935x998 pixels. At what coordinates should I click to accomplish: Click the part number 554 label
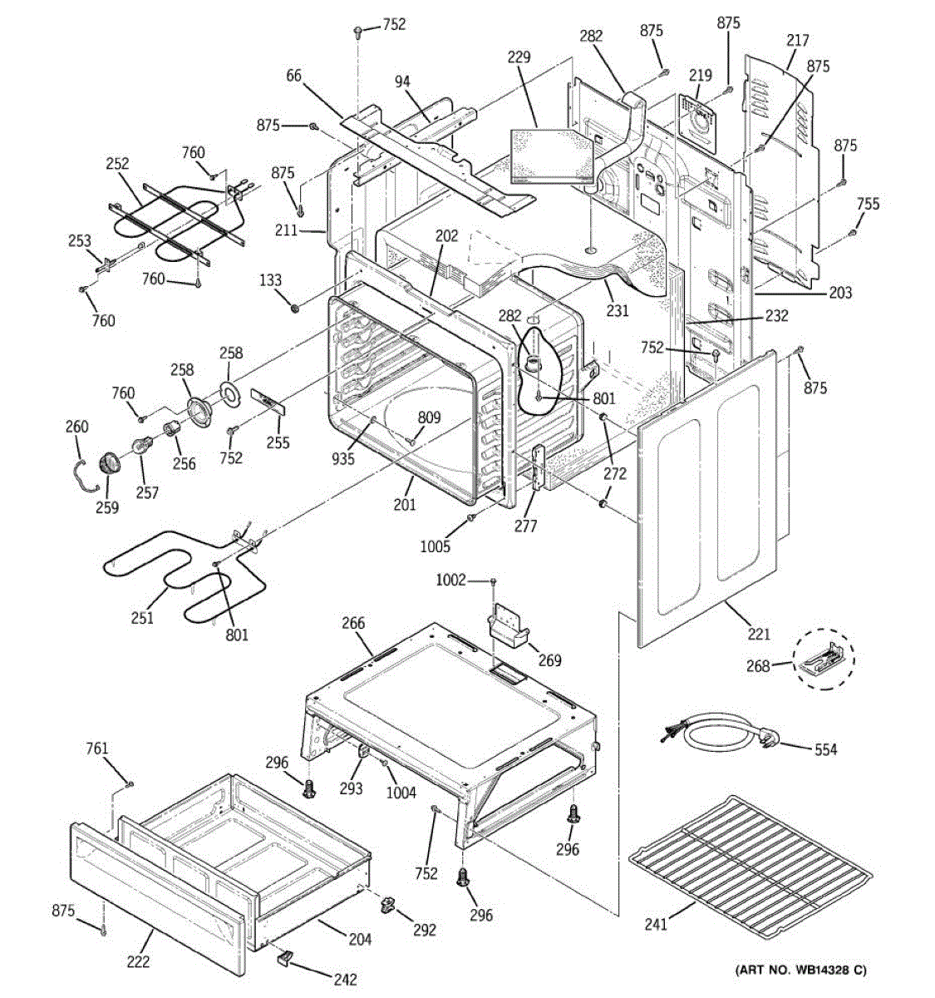pyautogui.click(x=825, y=750)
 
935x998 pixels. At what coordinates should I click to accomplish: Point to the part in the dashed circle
pyautogui.click(x=823, y=660)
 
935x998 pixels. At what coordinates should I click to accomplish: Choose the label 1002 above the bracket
pyautogui.click(x=451, y=581)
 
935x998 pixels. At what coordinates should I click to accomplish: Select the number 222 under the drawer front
pyautogui.click(x=138, y=961)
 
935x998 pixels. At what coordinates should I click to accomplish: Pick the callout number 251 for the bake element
pyautogui.click(x=142, y=618)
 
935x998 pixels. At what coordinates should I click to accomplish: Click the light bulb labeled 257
pyautogui.click(x=142, y=447)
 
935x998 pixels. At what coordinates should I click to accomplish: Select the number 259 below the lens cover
pyautogui.click(x=107, y=507)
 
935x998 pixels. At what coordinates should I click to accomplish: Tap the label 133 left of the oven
pyautogui.click(x=270, y=280)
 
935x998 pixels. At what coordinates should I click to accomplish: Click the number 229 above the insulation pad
pyautogui.click(x=519, y=57)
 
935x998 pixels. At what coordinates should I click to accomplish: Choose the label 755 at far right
pyautogui.click(x=869, y=204)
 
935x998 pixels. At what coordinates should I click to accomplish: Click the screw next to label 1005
pyautogui.click(x=471, y=517)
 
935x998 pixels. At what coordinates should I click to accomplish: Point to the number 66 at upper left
pyautogui.click(x=293, y=76)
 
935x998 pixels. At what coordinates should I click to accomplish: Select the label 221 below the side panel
pyautogui.click(x=759, y=635)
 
